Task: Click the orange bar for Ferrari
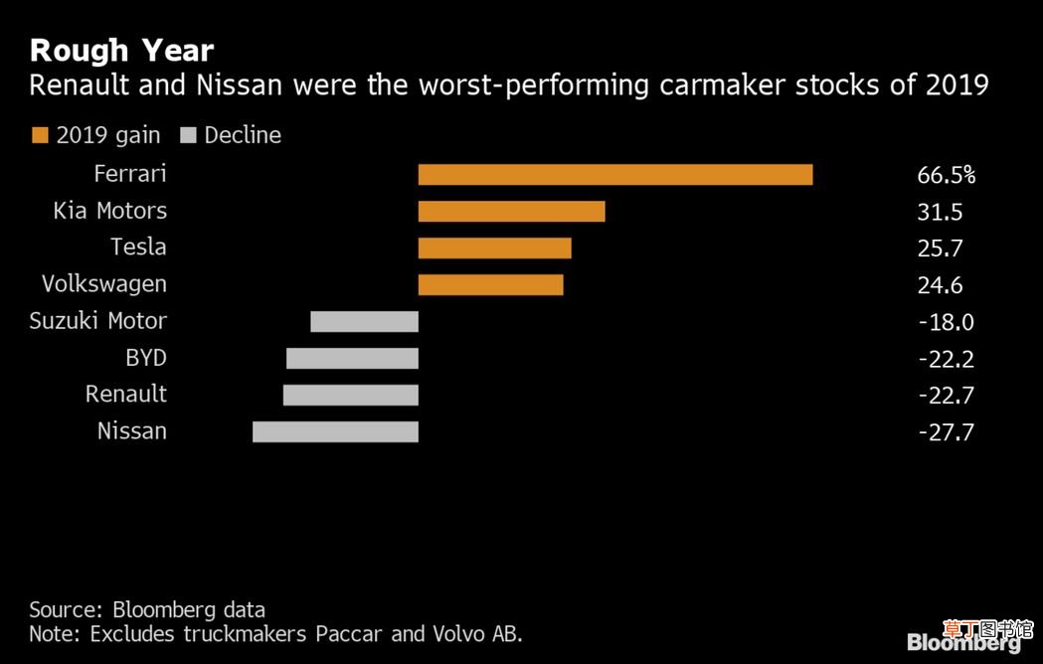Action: coord(615,174)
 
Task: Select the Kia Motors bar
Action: coord(511,212)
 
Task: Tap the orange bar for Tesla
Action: coord(495,249)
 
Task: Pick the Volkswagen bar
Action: coord(491,284)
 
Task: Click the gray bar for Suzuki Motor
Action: coord(365,321)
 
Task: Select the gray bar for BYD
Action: coord(353,358)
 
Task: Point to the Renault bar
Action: coord(351,395)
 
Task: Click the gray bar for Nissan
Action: coord(335,431)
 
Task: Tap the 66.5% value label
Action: coord(946,175)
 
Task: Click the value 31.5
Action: coord(940,213)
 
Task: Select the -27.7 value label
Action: coord(946,432)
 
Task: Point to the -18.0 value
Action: coord(946,322)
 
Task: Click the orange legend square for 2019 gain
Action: coord(40,136)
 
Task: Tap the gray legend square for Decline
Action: coord(188,136)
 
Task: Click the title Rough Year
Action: coord(121,52)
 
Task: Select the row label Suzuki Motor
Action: coord(97,321)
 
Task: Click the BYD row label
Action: coord(146,358)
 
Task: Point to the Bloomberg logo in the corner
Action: coord(963,642)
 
